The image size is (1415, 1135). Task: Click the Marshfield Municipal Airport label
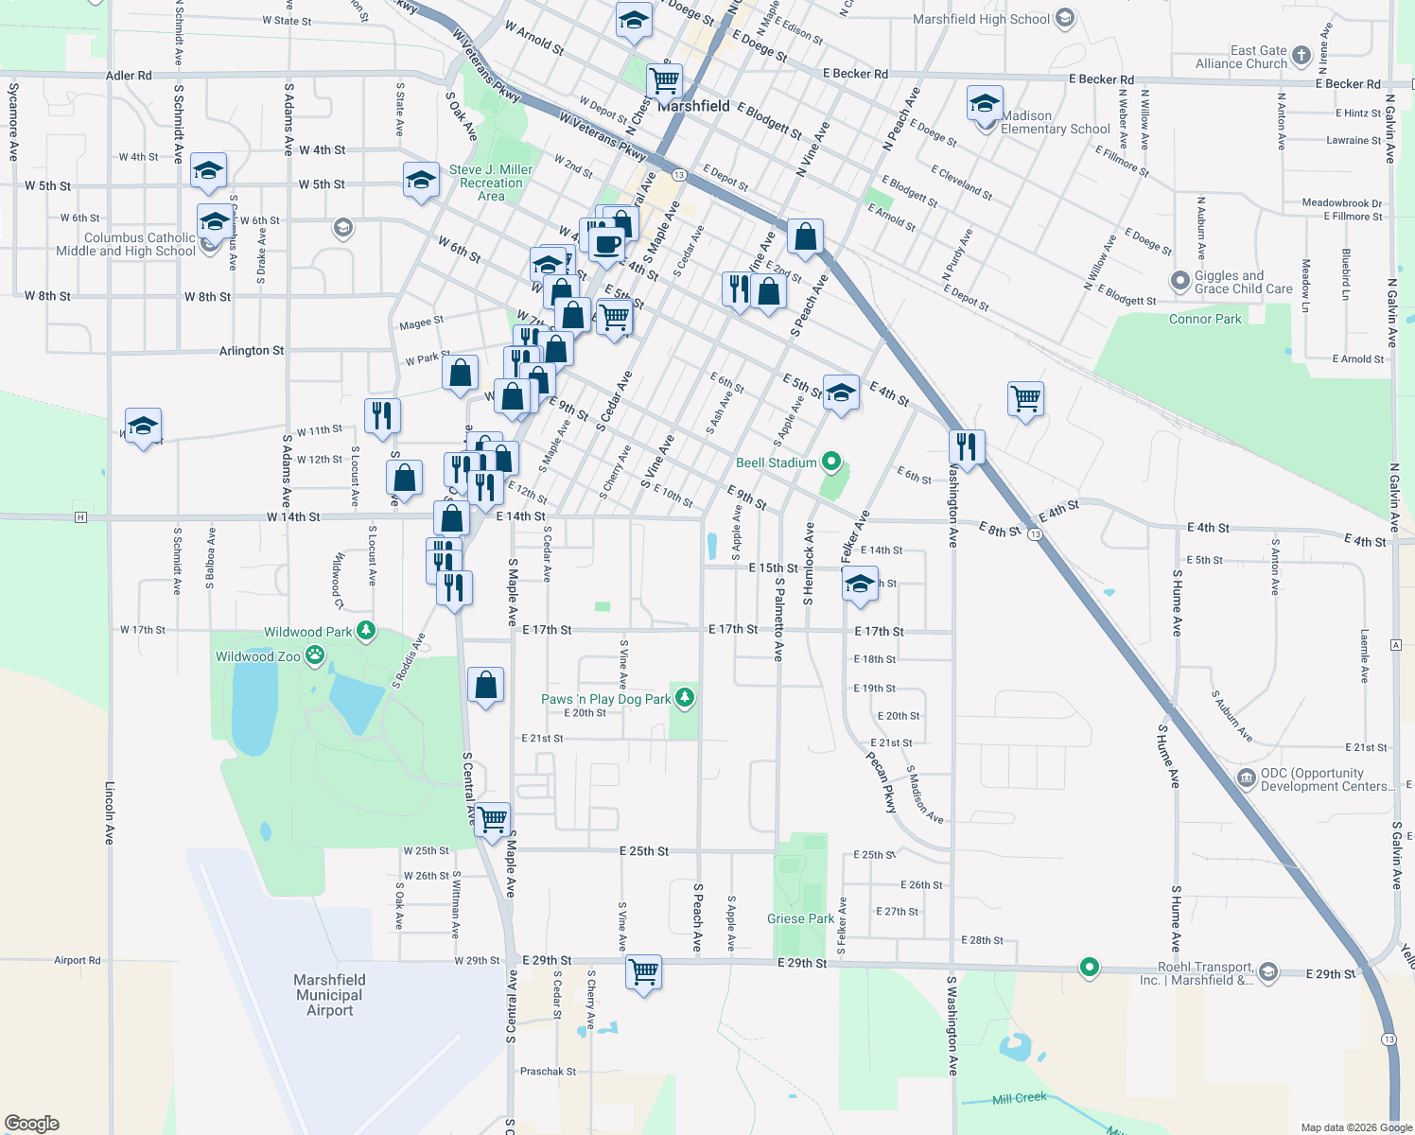[x=329, y=995]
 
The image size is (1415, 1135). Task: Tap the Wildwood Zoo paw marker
[x=315, y=655]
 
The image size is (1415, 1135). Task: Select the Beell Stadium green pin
[x=831, y=462]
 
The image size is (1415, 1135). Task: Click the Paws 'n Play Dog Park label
[x=605, y=699]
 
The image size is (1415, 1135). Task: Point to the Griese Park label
[x=800, y=918]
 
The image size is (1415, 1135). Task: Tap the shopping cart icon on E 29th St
[x=643, y=971]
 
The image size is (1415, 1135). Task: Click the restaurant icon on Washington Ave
[x=966, y=445]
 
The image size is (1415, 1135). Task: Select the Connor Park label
[x=1205, y=319]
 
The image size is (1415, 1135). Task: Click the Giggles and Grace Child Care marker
[x=1179, y=281]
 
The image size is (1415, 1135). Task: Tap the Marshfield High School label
[x=981, y=19]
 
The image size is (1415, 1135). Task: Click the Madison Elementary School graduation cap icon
[x=985, y=103]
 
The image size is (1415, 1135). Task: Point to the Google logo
[x=32, y=1123]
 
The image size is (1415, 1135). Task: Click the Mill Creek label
[x=1019, y=1098]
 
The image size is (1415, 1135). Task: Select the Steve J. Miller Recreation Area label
[x=491, y=183]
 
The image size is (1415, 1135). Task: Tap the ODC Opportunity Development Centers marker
[x=1247, y=777]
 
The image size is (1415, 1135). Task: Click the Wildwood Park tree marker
[x=366, y=630]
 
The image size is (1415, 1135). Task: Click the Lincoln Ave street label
[x=110, y=812]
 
